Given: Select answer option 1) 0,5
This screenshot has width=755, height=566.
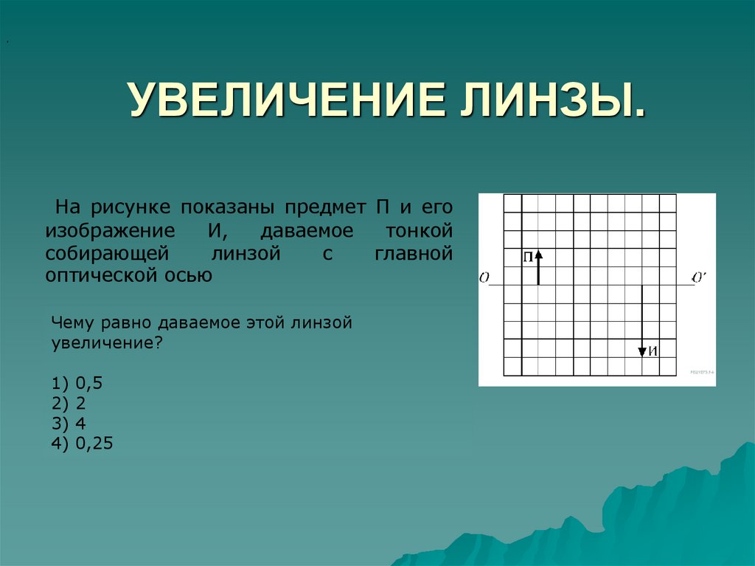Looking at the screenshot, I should pos(76,384).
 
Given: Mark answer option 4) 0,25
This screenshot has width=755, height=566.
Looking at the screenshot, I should pos(82,444).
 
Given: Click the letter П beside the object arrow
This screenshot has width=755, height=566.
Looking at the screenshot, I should pos(528,257).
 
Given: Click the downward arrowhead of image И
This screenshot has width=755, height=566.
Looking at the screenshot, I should pos(642,351).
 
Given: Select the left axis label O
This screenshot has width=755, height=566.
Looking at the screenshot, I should pos(484,278).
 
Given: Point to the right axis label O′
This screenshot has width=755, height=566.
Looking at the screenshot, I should pos(699,277).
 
